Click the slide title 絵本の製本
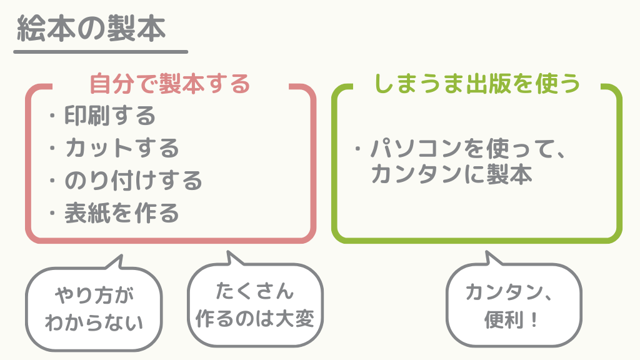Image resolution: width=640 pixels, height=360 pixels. click(x=91, y=29)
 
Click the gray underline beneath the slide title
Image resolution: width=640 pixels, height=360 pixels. click(x=100, y=52)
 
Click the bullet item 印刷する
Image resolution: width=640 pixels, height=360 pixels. click(x=110, y=116)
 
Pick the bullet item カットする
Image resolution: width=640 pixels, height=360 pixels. click(x=122, y=148)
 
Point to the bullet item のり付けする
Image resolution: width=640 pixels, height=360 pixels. click(x=133, y=181)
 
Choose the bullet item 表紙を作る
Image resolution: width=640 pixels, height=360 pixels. click(x=122, y=214)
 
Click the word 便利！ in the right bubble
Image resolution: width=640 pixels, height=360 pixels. click(x=512, y=321)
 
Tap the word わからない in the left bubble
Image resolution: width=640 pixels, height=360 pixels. click(x=94, y=322)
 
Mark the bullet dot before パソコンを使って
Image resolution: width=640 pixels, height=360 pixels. click(x=358, y=150)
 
